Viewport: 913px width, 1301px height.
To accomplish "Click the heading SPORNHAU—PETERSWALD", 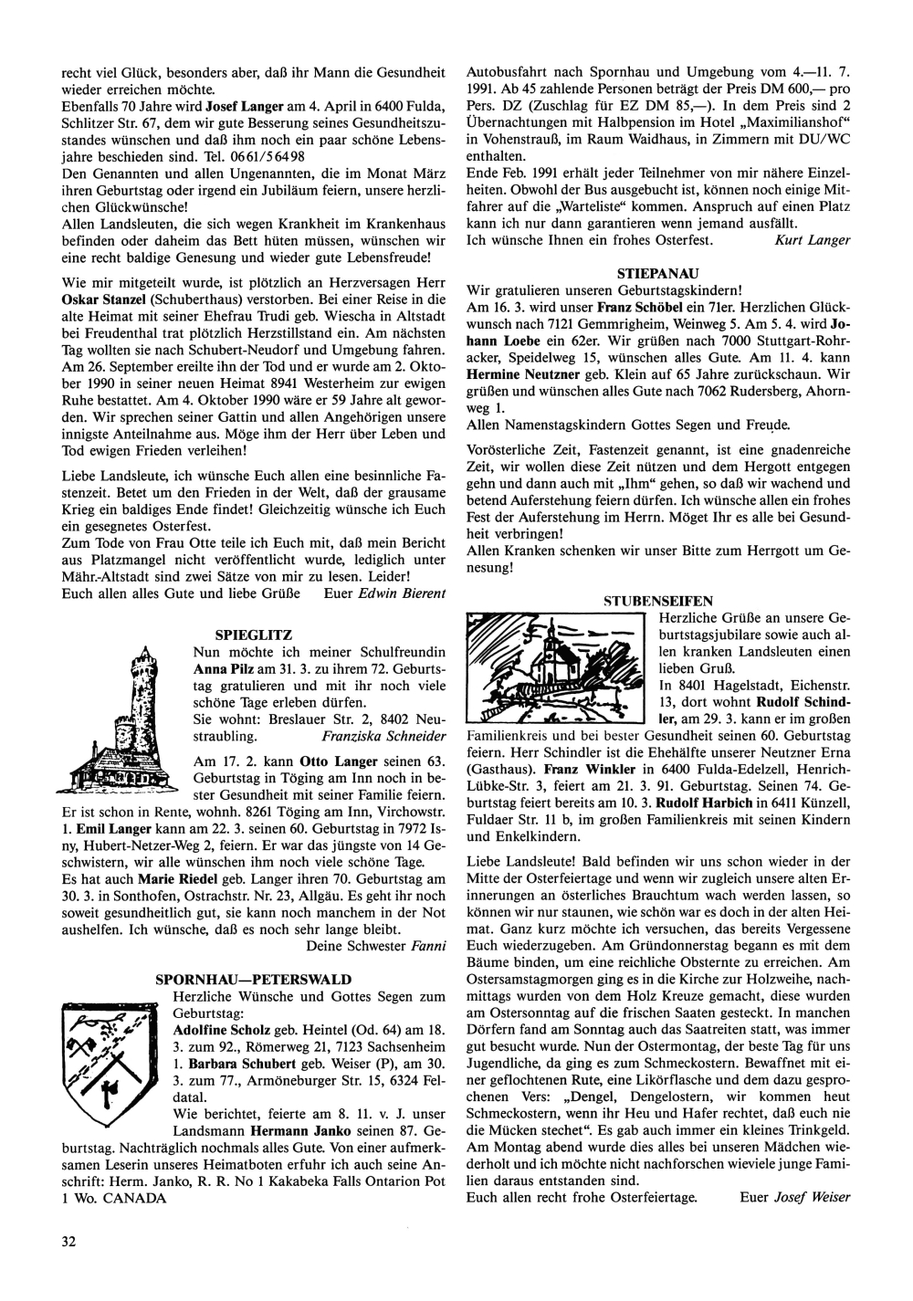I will [254, 979].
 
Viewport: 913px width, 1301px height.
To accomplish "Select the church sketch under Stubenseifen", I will [556, 667].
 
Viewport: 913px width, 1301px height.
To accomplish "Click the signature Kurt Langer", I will [811, 240].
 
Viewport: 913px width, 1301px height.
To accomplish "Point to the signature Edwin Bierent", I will [401, 594].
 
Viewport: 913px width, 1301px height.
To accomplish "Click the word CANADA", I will [134, 1199].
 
